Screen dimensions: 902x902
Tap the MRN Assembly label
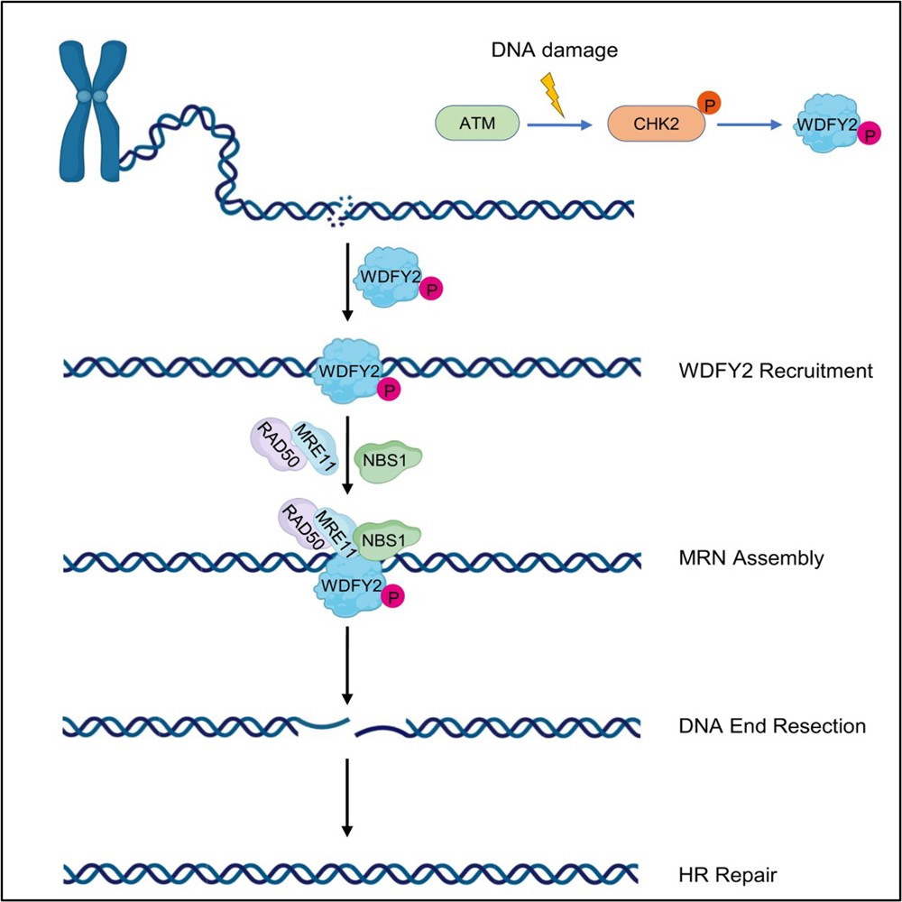[x=750, y=558]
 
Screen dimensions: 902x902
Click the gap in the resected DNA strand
[x=353, y=723]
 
